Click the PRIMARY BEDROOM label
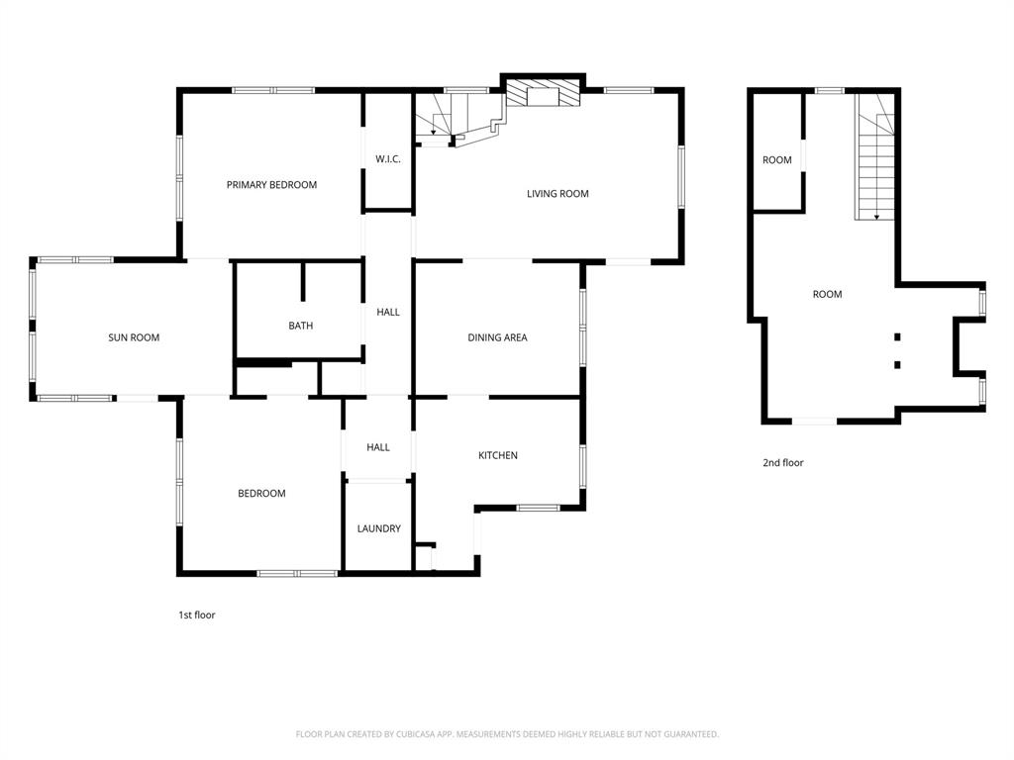tap(271, 185)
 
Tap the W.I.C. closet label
tap(388, 159)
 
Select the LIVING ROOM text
tap(558, 194)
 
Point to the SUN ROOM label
tap(134, 337)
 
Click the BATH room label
tap(301, 326)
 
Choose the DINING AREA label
tap(497, 337)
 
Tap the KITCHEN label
tap(498, 455)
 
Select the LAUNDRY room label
tap(378, 528)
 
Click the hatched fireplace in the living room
tap(542, 95)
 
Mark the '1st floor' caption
tap(196, 616)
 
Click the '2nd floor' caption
tap(783, 462)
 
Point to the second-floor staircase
tap(876, 168)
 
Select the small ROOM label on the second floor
tap(777, 160)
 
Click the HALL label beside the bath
tap(388, 312)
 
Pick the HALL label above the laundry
tap(378, 447)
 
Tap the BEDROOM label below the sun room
tap(261, 494)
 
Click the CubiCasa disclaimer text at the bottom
tap(507, 734)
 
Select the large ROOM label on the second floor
tap(828, 294)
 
